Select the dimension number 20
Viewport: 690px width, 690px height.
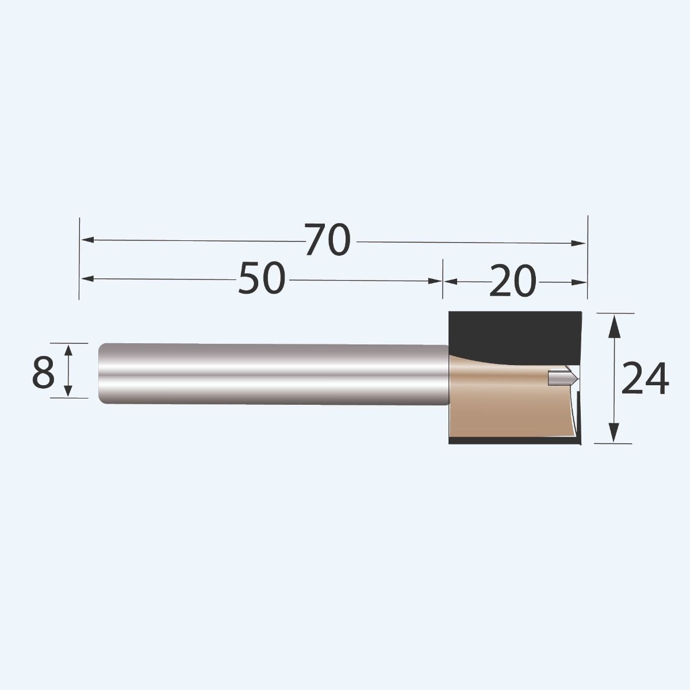click(512, 281)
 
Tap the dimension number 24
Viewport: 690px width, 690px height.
click(646, 378)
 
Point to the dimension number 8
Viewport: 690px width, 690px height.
click(43, 371)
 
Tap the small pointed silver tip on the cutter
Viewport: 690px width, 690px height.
click(562, 378)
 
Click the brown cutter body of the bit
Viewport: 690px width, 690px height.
click(500, 402)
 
